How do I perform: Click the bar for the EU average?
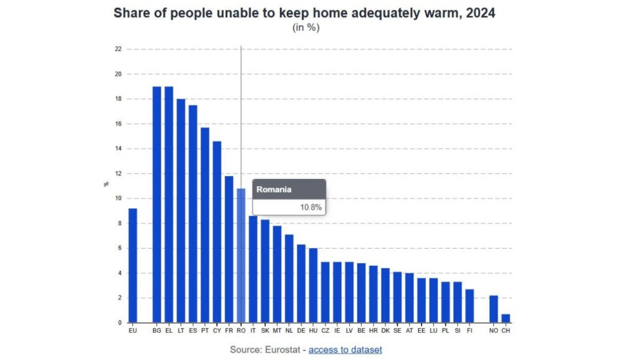(x=132, y=266)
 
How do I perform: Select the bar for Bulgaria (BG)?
(x=157, y=204)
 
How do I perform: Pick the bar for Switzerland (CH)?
(x=506, y=318)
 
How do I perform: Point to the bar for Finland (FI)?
(x=470, y=306)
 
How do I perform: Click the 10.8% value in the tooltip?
(x=311, y=208)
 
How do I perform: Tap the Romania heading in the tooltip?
(x=274, y=190)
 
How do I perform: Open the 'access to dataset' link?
(x=345, y=349)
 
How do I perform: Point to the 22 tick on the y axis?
(x=118, y=49)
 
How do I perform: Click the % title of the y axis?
(x=106, y=184)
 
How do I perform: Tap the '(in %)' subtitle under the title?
(x=306, y=27)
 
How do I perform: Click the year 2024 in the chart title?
(x=476, y=12)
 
